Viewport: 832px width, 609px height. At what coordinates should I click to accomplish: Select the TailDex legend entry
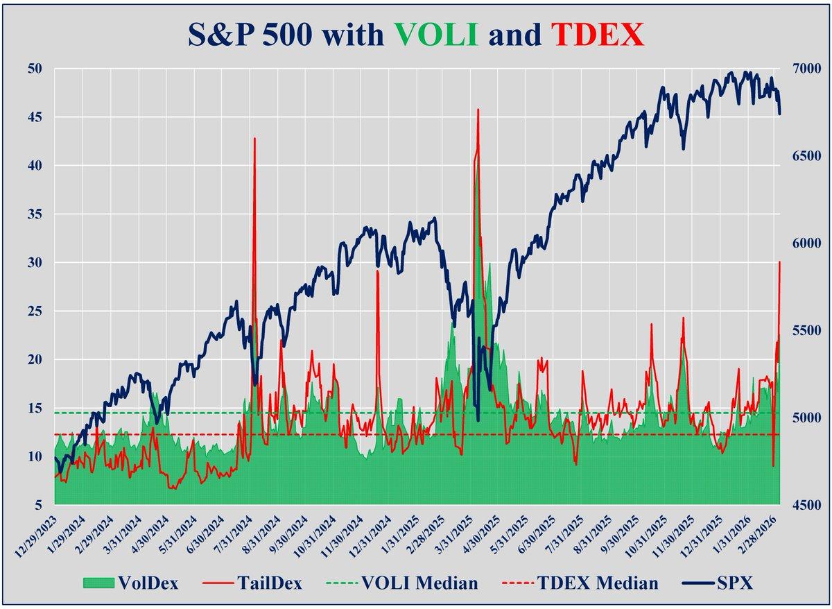257,583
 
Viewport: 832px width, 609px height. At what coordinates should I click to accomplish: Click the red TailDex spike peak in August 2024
254,139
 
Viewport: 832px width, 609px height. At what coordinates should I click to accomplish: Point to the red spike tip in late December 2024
377,271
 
